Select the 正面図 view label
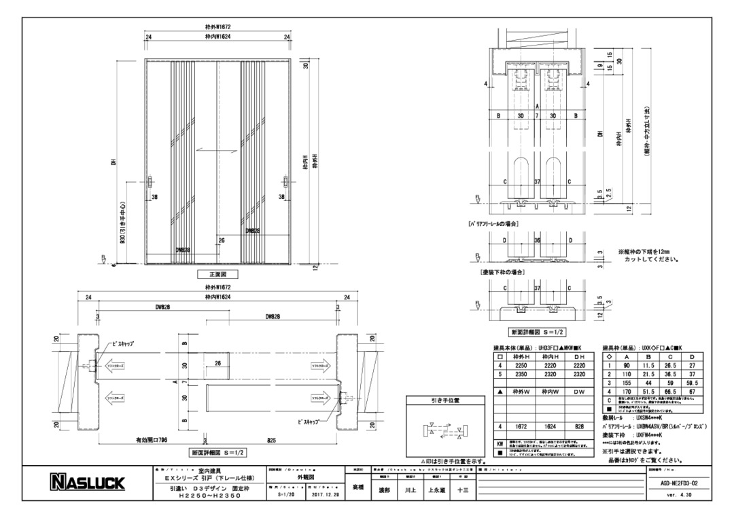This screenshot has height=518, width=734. coord(217,275)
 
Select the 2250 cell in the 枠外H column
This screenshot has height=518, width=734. coord(521,365)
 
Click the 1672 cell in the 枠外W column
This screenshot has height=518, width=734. coord(521,426)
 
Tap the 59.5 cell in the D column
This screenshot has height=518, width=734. coord(692,383)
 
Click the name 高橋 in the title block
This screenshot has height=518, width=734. coord(357,487)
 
